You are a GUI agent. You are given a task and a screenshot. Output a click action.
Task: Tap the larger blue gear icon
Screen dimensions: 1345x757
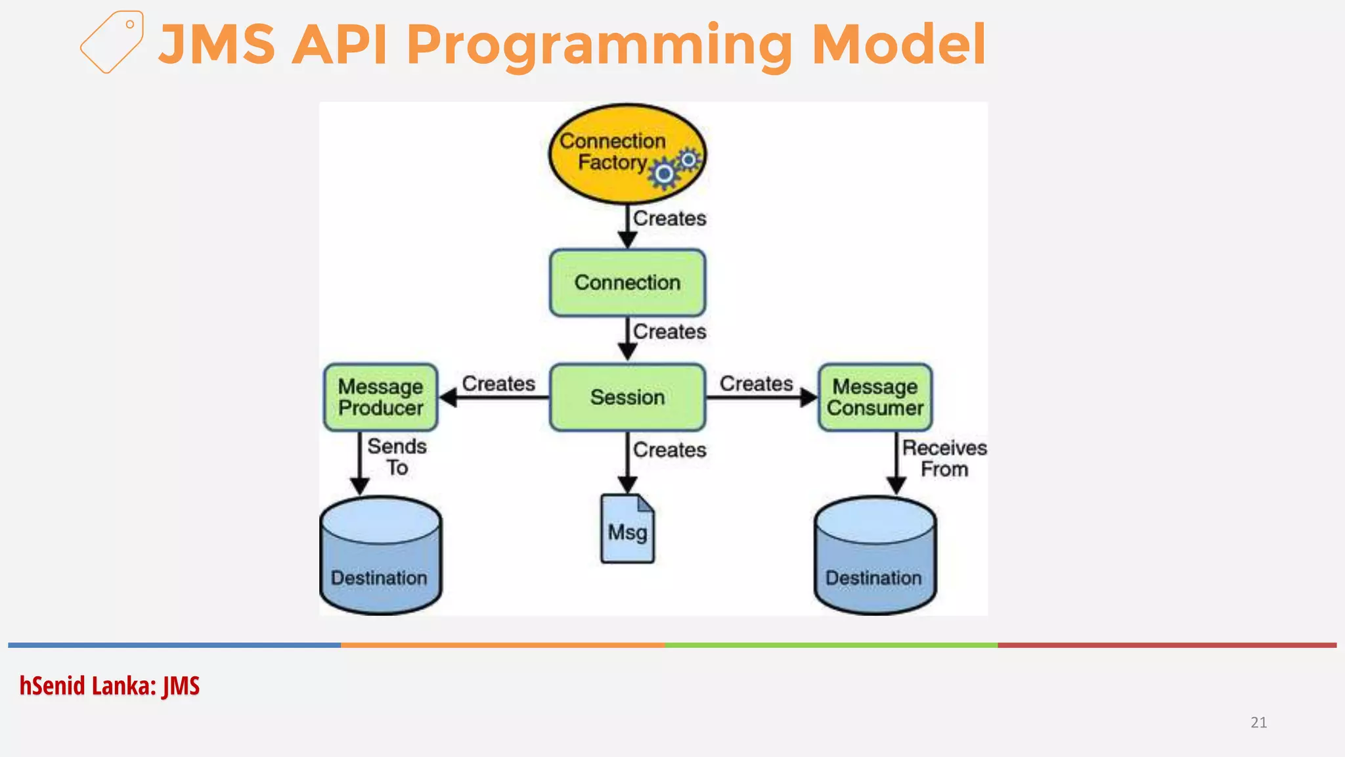[x=665, y=173]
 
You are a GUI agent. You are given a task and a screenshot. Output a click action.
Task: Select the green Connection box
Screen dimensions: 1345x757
[x=627, y=283]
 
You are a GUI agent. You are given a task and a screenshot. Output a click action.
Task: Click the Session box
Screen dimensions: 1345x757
[x=627, y=397]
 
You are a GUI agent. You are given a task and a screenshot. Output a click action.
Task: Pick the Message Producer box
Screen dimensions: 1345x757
[x=380, y=397]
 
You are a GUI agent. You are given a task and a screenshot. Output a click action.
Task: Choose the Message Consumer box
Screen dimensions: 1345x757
[x=875, y=397]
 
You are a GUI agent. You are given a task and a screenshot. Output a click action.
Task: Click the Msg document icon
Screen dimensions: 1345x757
[x=627, y=530]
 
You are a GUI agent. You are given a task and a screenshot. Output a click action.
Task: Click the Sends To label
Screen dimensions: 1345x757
[x=397, y=457]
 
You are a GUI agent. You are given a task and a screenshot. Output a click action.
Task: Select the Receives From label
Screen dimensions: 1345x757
[x=944, y=458]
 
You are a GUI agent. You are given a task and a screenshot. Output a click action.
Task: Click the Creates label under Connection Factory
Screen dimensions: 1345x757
[x=669, y=218]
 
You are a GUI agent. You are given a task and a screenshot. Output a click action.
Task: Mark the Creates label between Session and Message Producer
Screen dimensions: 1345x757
[x=498, y=383]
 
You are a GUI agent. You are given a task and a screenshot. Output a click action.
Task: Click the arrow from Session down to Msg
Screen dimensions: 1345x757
[x=627, y=463]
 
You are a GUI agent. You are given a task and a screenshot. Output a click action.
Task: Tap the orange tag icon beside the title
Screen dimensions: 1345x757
[x=112, y=42]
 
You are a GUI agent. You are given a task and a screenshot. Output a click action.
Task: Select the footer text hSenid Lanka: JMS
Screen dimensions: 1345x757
[x=109, y=686]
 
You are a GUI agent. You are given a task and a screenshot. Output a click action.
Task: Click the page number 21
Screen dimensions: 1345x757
[x=1258, y=722]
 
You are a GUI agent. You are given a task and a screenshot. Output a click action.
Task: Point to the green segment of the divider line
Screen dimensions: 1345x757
[x=831, y=645]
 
